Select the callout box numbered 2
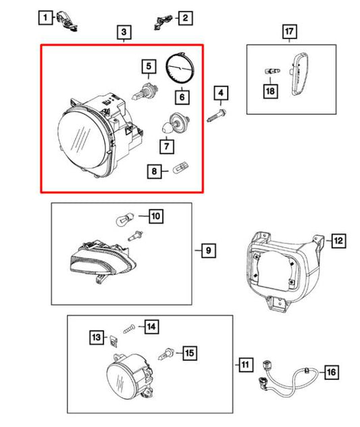coord(184,18)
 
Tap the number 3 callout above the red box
coord(124,32)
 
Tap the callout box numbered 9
coord(207,251)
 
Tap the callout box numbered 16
coord(330,372)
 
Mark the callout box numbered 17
coord(289,32)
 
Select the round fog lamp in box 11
coord(122,380)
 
